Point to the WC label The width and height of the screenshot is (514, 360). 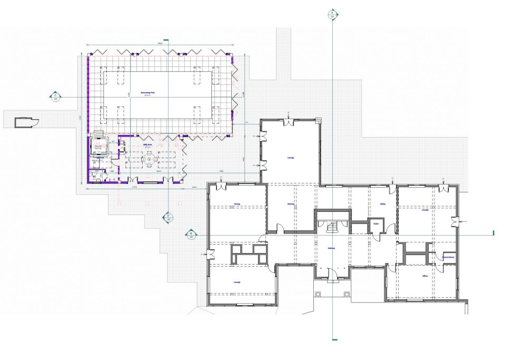(95, 176)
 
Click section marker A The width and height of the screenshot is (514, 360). (332, 14)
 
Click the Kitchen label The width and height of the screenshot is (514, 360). (290, 204)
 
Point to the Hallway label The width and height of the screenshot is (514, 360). (332, 248)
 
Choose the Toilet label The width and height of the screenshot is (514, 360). (376, 224)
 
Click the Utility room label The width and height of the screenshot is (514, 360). (383, 204)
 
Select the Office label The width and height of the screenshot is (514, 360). (424, 276)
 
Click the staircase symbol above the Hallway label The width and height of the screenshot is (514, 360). (332, 227)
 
